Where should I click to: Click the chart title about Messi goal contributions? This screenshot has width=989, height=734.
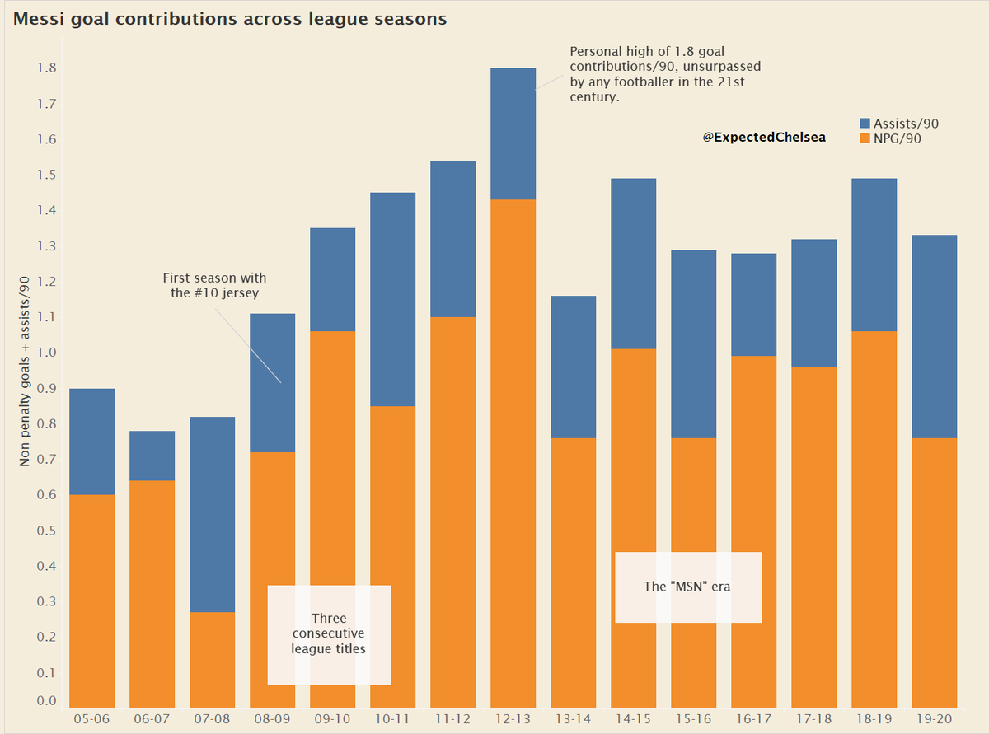point(229,19)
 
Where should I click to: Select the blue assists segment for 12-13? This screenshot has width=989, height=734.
point(513,133)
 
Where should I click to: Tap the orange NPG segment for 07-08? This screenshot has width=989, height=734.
point(212,659)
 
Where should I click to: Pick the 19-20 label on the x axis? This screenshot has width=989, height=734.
point(934,719)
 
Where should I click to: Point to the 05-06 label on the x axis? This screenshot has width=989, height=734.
point(91,719)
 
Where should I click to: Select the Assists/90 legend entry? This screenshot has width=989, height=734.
point(898,124)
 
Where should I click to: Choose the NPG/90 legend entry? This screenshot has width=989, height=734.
point(892,138)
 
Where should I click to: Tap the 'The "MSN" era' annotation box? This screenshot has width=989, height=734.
point(687,587)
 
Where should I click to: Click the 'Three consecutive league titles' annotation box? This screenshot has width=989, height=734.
point(329,634)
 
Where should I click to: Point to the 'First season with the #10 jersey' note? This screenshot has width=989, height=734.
point(214,285)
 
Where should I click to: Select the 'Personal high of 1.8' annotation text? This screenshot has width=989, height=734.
point(664,74)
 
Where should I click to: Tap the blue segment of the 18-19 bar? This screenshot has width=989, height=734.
point(874,255)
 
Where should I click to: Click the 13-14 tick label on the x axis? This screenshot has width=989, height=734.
point(573,719)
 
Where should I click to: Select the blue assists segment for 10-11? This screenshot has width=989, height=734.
point(392,299)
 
